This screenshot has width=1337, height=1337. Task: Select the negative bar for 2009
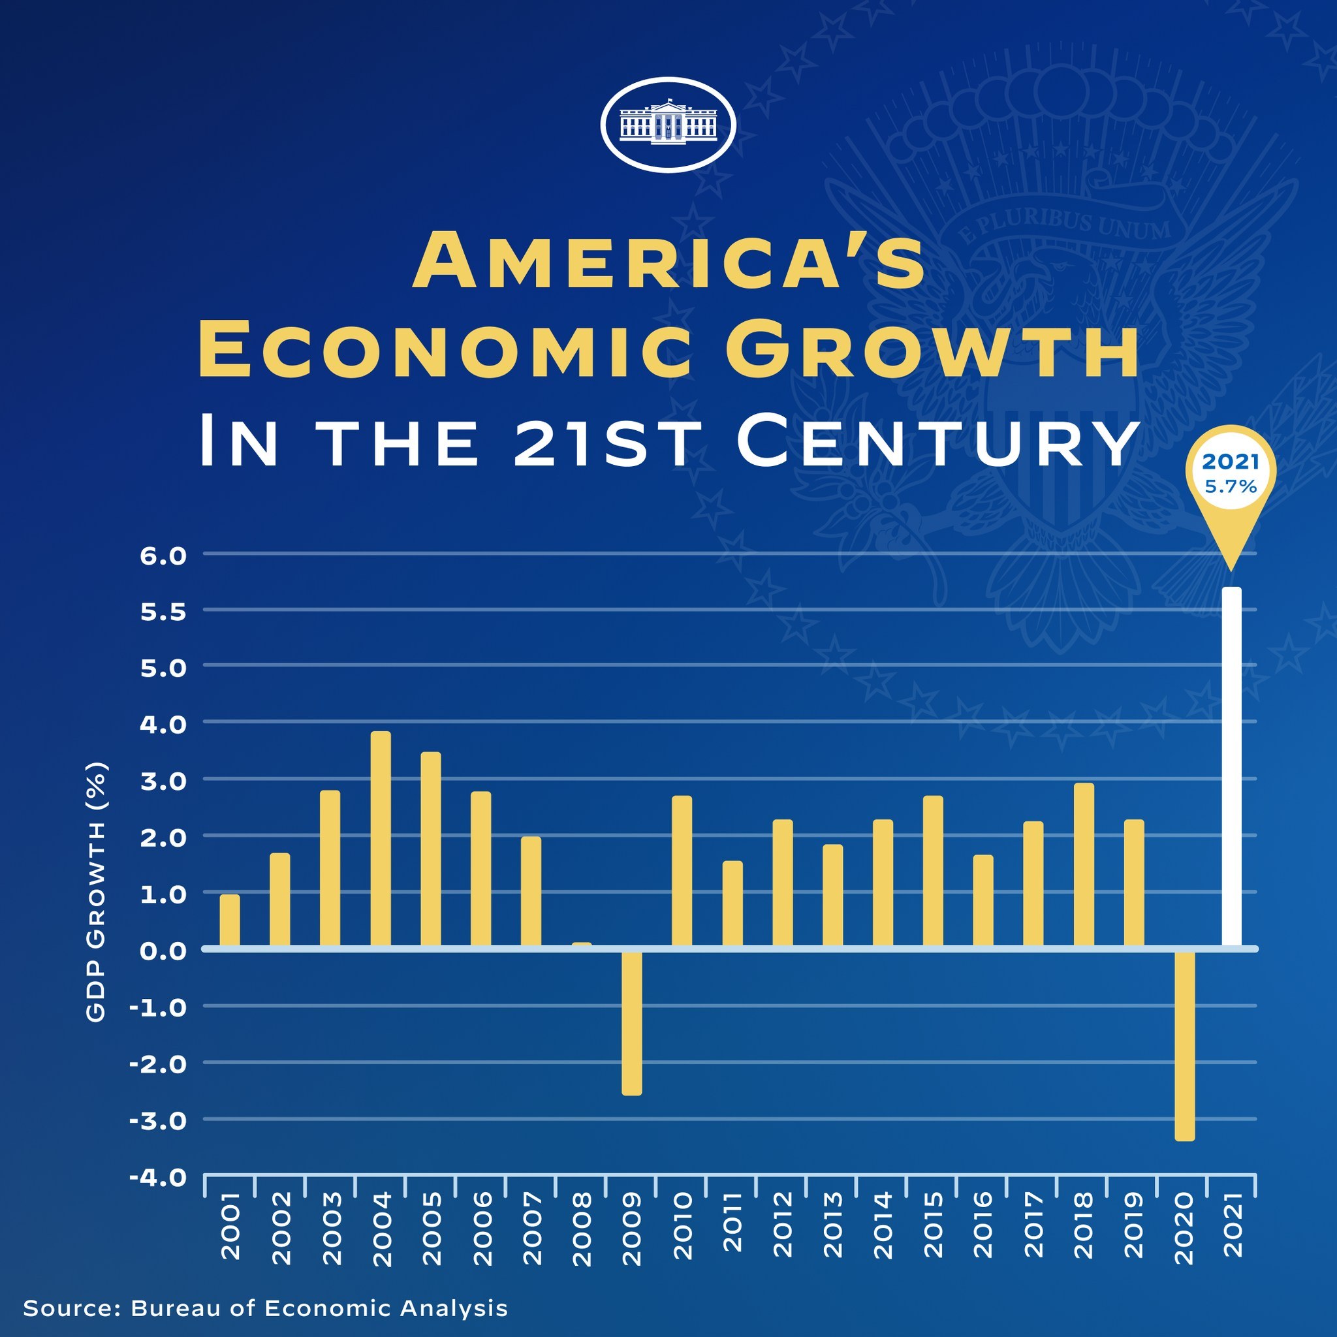[632, 1022]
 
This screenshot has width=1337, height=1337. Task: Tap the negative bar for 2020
[1185, 1045]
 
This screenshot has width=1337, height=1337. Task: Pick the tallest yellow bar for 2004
[381, 838]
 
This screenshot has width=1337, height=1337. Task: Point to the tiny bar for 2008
[581, 944]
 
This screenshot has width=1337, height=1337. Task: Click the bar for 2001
[230, 920]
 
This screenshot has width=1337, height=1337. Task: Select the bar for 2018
[1084, 864]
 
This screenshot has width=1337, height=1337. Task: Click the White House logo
[668, 125]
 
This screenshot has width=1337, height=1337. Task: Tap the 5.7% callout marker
[1231, 477]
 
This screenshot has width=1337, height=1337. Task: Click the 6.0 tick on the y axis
[163, 556]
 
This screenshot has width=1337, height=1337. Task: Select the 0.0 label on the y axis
[163, 950]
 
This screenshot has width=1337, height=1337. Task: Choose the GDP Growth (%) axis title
[97, 892]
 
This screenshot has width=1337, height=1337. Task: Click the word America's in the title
[668, 262]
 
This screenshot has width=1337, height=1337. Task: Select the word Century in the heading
[937, 442]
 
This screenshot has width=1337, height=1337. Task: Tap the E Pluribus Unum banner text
[1065, 223]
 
